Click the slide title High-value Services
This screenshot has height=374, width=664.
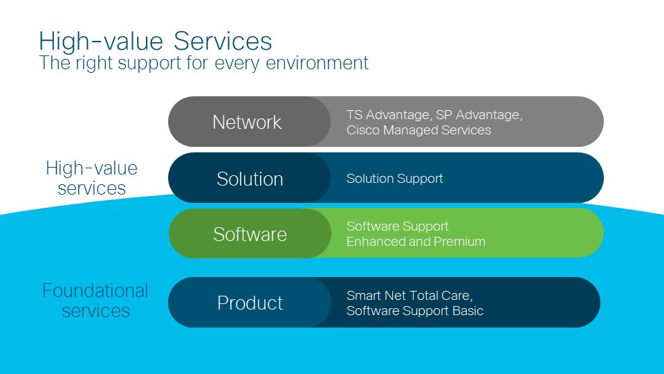pyautogui.click(x=156, y=41)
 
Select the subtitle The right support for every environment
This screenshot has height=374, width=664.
pyautogui.click(x=204, y=63)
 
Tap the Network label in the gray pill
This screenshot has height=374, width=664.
pyautogui.click(x=247, y=123)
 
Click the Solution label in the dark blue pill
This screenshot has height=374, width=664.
pyautogui.click(x=250, y=179)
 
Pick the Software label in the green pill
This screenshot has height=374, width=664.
pyautogui.click(x=250, y=234)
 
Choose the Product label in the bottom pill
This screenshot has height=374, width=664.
pyautogui.click(x=250, y=303)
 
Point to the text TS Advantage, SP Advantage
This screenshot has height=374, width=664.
pyautogui.click(x=434, y=115)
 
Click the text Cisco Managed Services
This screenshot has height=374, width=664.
pyautogui.click(x=418, y=130)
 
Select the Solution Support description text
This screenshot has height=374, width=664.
pyautogui.click(x=394, y=179)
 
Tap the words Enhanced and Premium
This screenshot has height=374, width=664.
pyautogui.click(x=416, y=242)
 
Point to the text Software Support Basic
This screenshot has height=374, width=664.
pyautogui.click(x=414, y=311)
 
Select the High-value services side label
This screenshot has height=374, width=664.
pyautogui.click(x=92, y=178)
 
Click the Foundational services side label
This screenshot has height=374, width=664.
pyautogui.click(x=95, y=301)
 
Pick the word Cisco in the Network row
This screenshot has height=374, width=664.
pyautogui.click(x=362, y=130)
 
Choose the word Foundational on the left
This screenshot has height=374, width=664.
pyautogui.click(x=95, y=291)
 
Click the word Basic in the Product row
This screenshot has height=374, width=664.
pyautogui.click(x=467, y=311)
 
